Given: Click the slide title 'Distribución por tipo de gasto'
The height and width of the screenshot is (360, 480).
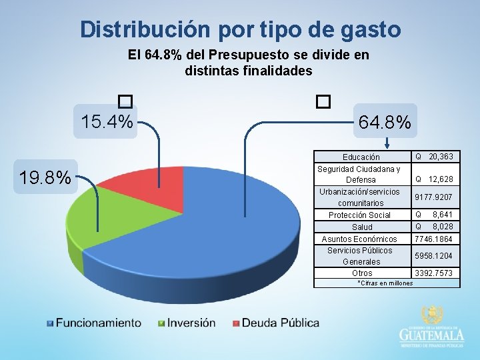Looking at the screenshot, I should [240, 29].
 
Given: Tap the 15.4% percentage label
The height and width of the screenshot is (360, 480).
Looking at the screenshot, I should [107, 122].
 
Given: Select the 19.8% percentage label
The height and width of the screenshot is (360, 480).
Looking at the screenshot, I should [45, 177].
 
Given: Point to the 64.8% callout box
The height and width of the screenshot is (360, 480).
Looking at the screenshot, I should [385, 122].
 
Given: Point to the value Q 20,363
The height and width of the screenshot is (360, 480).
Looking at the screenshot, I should [435, 157].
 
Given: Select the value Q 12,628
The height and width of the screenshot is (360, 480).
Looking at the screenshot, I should [435, 179].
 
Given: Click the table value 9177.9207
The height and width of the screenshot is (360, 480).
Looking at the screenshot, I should [433, 197].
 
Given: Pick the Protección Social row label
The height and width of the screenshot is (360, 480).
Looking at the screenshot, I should [360, 215].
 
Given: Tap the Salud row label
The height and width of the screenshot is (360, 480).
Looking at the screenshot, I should [362, 227].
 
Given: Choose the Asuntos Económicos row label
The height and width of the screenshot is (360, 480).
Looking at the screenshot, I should [359, 239].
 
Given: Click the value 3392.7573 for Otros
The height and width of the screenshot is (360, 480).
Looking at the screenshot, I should [433, 273].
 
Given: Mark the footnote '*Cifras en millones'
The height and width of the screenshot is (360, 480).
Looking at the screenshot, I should [385, 283].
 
